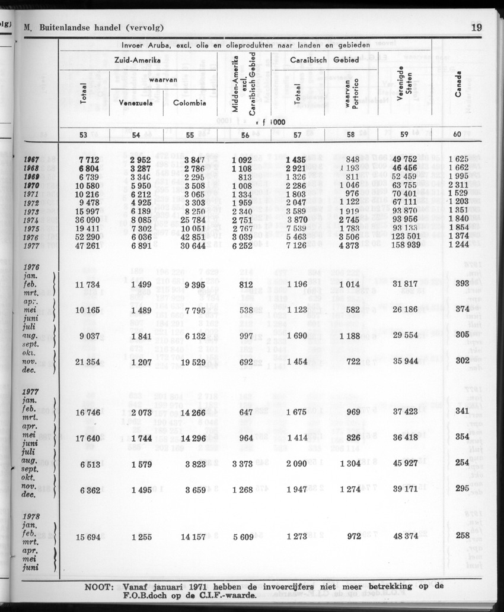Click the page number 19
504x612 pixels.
477,27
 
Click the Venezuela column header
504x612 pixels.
136,103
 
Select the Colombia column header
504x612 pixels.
190,103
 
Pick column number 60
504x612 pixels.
457,135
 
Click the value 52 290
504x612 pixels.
84,236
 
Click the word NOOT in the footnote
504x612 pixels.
102,586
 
